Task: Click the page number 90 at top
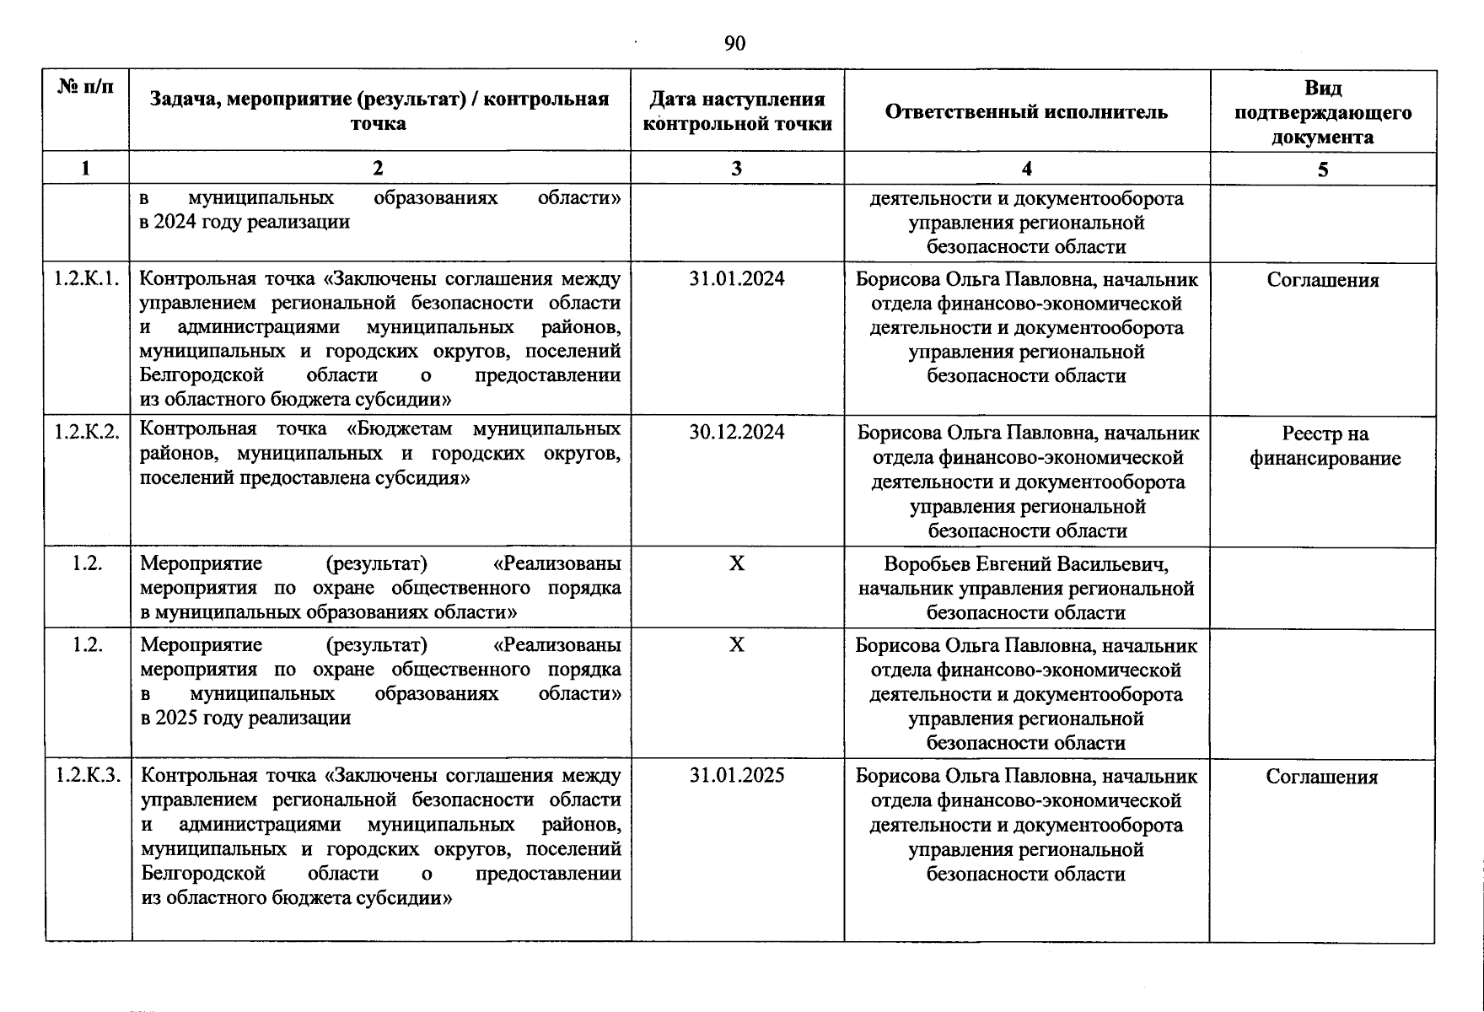pyautogui.click(x=734, y=44)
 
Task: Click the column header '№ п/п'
pyautogui.click(x=85, y=87)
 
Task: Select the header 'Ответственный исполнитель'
pyautogui.click(x=1026, y=112)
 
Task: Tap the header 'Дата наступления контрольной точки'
pyautogui.click(x=737, y=112)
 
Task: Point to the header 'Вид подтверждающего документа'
pyautogui.click(x=1322, y=112)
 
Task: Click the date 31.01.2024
pyautogui.click(x=736, y=279)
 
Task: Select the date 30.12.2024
pyautogui.click(x=736, y=432)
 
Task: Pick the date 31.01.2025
pyautogui.click(x=736, y=775)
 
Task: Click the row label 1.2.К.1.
pyautogui.click(x=87, y=279)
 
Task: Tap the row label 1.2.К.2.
pyautogui.click(x=87, y=432)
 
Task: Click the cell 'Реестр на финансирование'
pyautogui.click(x=1324, y=446)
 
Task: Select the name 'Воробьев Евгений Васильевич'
pyautogui.click(x=1025, y=563)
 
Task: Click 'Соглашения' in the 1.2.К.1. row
pyautogui.click(x=1322, y=281)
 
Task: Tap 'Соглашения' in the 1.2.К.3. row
pyautogui.click(x=1321, y=777)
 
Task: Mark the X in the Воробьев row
pyautogui.click(x=736, y=563)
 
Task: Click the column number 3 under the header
pyautogui.click(x=736, y=169)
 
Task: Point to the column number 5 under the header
pyautogui.click(x=1322, y=170)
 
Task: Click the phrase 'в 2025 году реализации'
pyautogui.click(x=245, y=719)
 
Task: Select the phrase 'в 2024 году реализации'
pyautogui.click(x=245, y=223)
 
